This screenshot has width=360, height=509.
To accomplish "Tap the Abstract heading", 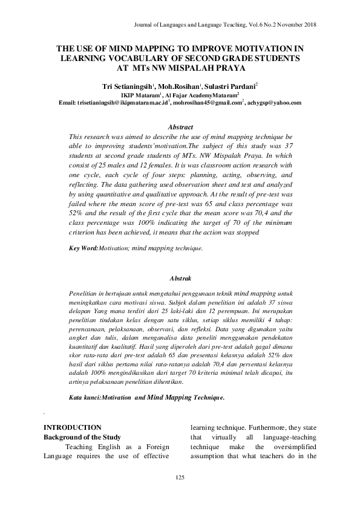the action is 180,127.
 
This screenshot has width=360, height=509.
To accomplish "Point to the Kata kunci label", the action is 85,381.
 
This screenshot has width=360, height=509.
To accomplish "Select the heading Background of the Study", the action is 83,436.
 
